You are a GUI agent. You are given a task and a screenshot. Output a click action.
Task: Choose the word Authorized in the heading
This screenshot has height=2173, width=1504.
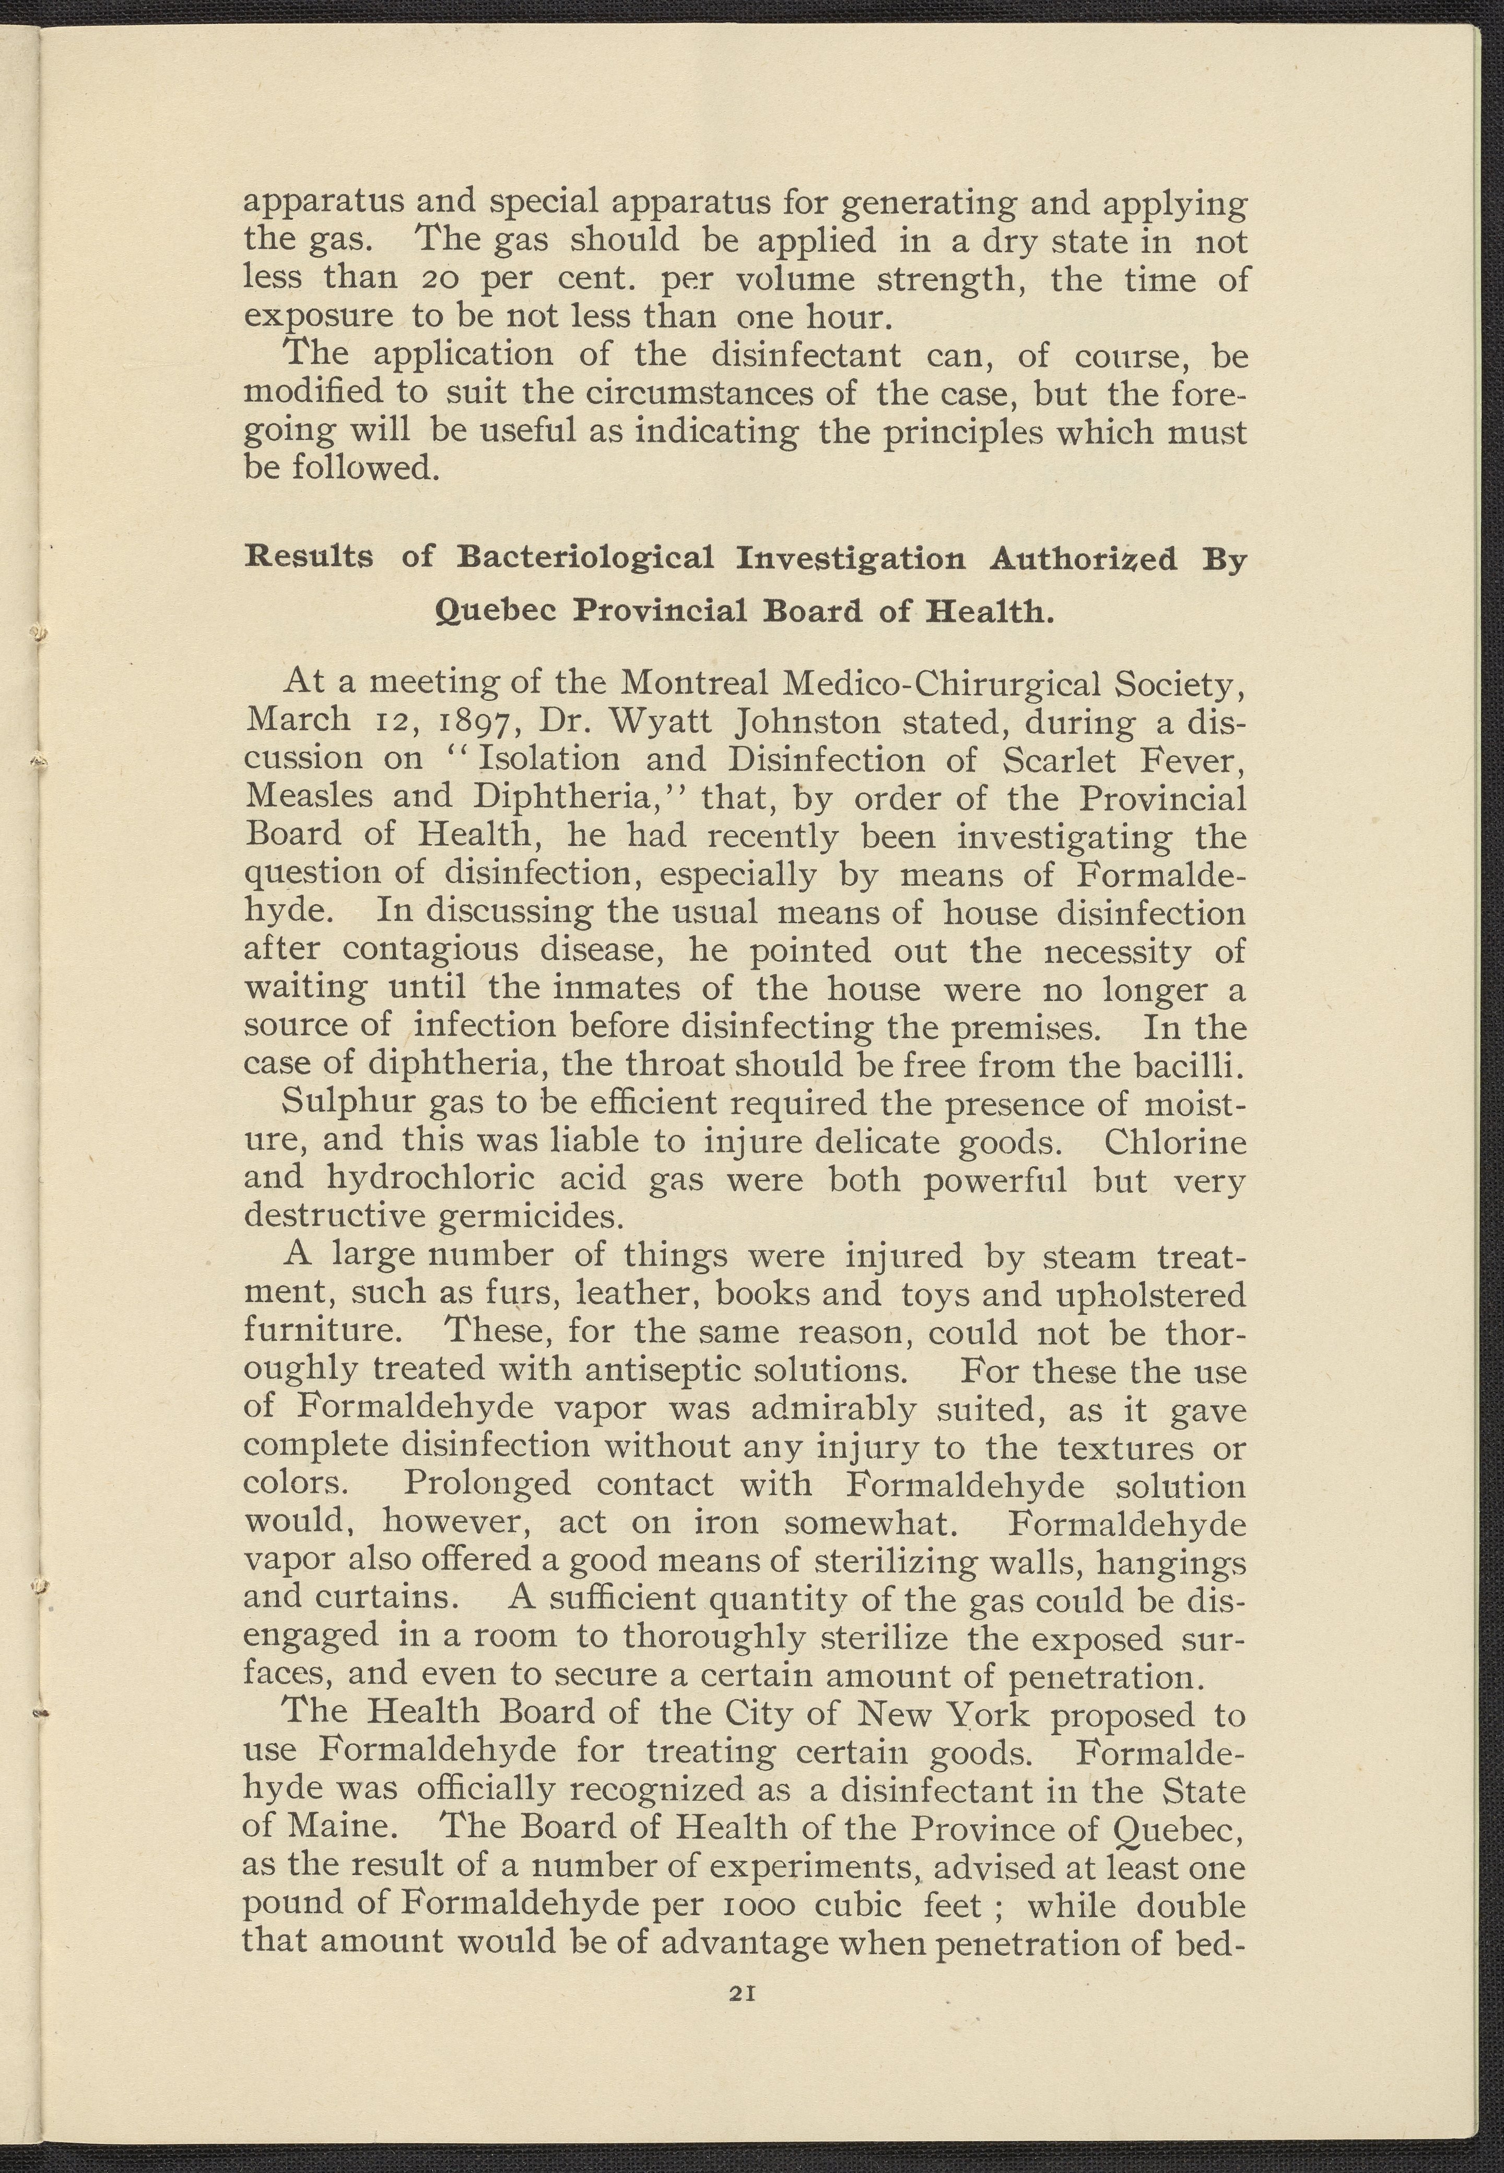pos(1083,560)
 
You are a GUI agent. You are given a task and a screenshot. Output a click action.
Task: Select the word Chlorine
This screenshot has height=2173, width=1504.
pos(1174,1141)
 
